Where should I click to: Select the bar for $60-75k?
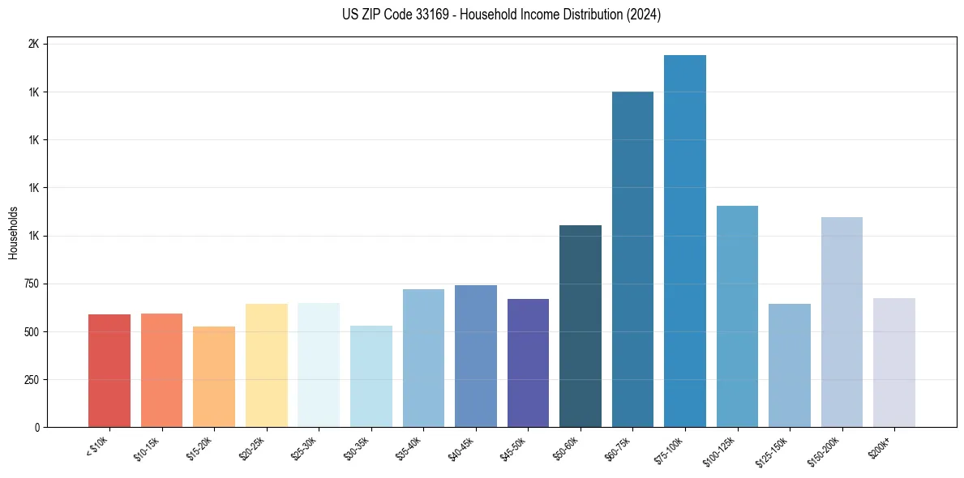pos(632,259)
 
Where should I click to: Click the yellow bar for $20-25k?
pos(266,365)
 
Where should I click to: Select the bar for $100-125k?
pos(737,317)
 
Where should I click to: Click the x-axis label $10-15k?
pos(147,448)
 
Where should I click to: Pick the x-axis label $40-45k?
pos(461,448)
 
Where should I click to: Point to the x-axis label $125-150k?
pos(773,450)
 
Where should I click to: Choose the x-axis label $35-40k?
pos(409,448)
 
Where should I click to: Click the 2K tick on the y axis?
pos(33,44)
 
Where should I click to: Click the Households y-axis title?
pos(13,233)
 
